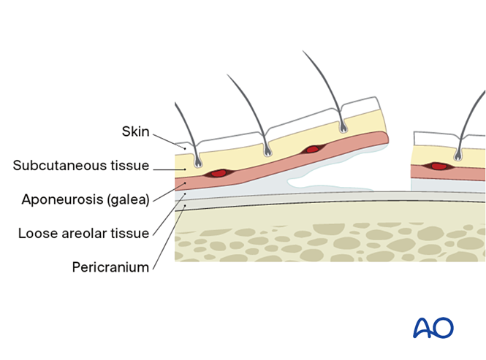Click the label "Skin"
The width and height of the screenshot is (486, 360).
(x=135, y=132)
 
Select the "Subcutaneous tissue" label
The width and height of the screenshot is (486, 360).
(x=81, y=166)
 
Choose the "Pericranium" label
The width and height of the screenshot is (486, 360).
(x=110, y=267)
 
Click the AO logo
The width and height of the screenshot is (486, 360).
(x=433, y=328)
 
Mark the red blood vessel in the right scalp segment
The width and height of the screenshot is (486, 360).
(x=438, y=166)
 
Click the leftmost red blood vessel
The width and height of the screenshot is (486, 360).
(x=218, y=174)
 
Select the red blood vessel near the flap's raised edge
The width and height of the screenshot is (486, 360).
(x=313, y=150)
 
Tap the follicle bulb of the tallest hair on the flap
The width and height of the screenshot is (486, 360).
(x=343, y=129)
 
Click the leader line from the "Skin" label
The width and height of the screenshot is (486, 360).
(x=169, y=142)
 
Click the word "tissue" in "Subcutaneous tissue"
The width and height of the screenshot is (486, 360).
(x=132, y=166)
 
